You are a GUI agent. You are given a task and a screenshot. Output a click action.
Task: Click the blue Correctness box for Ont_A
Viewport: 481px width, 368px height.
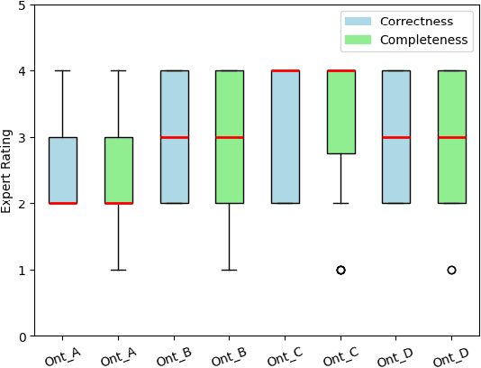pyautogui.click(x=62, y=170)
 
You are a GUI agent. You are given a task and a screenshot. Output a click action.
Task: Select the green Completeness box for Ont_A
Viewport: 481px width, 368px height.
pyautogui.click(x=118, y=170)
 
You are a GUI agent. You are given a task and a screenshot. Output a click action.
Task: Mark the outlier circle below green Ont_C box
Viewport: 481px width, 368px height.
pyautogui.click(x=340, y=270)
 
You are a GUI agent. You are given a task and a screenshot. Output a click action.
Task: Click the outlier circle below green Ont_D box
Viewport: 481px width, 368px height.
pyautogui.click(x=451, y=270)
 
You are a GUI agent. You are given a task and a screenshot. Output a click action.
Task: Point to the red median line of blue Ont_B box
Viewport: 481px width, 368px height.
pyautogui.click(x=174, y=137)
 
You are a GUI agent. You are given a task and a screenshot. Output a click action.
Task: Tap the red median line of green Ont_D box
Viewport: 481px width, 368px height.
pyautogui.click(x=451, y=137)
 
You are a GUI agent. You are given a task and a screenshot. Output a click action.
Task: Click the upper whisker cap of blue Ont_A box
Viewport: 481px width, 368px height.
pyautogui.click(x=62, y=70)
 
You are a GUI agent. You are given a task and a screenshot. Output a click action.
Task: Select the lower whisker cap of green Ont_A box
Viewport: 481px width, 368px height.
pyautogui.click(x=118, y=270)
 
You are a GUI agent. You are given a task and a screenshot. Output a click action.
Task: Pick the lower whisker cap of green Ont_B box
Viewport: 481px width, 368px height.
pyautogui.click(x=229, y=270)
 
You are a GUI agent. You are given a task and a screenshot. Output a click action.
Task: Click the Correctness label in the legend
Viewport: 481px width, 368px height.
pyautogui.click(x=416, y=21)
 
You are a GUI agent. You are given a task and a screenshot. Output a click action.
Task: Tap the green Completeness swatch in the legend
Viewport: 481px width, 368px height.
pyautogui.click(x=358, y=40)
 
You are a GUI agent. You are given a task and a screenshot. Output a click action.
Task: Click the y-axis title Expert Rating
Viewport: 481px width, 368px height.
pyautogui.click(x=8, y=170)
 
